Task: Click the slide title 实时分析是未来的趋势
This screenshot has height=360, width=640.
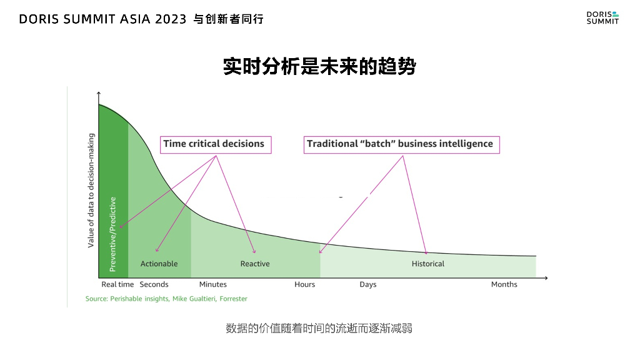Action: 319,66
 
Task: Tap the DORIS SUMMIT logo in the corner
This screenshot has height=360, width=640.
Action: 602,17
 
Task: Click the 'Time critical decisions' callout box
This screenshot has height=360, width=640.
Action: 214,144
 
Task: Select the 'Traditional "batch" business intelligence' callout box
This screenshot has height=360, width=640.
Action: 400,144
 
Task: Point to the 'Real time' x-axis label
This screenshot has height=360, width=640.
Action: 117,284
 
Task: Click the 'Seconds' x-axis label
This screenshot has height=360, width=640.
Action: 154,284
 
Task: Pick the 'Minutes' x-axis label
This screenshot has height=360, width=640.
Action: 212,284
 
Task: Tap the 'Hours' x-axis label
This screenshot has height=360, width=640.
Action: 305,284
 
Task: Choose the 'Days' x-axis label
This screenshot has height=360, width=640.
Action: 368,284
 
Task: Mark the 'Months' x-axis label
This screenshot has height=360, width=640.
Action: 504,284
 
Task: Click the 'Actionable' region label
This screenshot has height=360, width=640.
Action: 159,264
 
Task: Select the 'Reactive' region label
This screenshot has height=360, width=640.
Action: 255,264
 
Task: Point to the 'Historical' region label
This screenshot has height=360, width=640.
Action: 428,264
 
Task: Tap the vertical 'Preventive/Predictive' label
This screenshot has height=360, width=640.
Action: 113,234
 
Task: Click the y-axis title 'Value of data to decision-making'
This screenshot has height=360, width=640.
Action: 91,190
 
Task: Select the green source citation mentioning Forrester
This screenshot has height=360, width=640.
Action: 166,299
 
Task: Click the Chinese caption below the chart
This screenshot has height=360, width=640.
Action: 319,328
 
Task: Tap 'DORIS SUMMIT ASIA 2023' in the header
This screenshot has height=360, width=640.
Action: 102,19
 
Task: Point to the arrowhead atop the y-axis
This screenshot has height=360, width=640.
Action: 99,94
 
